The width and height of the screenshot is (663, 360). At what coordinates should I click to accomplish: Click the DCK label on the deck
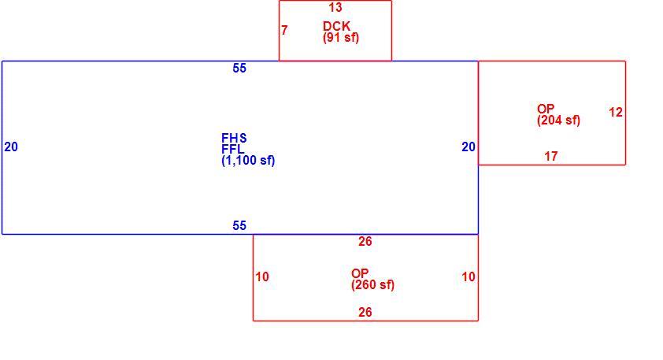click(x=336, y=26)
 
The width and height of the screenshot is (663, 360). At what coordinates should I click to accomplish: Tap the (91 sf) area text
click(x=341, y=38)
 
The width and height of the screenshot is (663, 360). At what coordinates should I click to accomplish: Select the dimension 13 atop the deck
click(x=335, y=7)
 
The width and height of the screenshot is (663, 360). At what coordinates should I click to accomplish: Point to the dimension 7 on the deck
click(x=284, y=30)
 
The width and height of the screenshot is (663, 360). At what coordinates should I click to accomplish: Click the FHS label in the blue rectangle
click(x=234, y=138)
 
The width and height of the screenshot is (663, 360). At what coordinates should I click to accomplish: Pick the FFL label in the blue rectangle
click(x=232, y=149)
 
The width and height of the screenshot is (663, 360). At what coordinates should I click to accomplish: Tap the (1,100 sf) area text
click(x=248, y=161)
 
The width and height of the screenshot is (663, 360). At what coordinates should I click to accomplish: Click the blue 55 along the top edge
click(x=239, y=68)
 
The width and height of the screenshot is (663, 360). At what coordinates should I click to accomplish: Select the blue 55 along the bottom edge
click(x=239, y=225)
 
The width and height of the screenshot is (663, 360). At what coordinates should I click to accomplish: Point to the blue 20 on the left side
click(x=11, y=147)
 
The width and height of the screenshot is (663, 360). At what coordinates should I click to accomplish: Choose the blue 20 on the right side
click(x=469, y=147)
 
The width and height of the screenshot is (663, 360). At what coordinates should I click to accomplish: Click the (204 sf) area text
click(x=558, y=121)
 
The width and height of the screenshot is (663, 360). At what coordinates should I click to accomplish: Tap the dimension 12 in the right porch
click(x=616, y=112)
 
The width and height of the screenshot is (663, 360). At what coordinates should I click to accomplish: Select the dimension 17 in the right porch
click(x=551, y=156)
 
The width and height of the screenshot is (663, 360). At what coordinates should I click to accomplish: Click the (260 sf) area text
click(x=372, y=284)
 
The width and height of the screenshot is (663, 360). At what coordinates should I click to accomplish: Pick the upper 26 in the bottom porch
click(x=365, y=241)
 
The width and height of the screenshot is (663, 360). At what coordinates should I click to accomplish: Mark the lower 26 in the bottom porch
click(x=365, y=312)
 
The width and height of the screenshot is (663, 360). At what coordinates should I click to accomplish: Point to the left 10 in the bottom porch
click(x=262, y=276)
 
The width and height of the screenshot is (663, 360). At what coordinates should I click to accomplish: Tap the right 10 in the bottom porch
click(x=469, y=276)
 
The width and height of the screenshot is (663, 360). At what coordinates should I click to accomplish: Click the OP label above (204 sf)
click(x=546, y=109)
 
